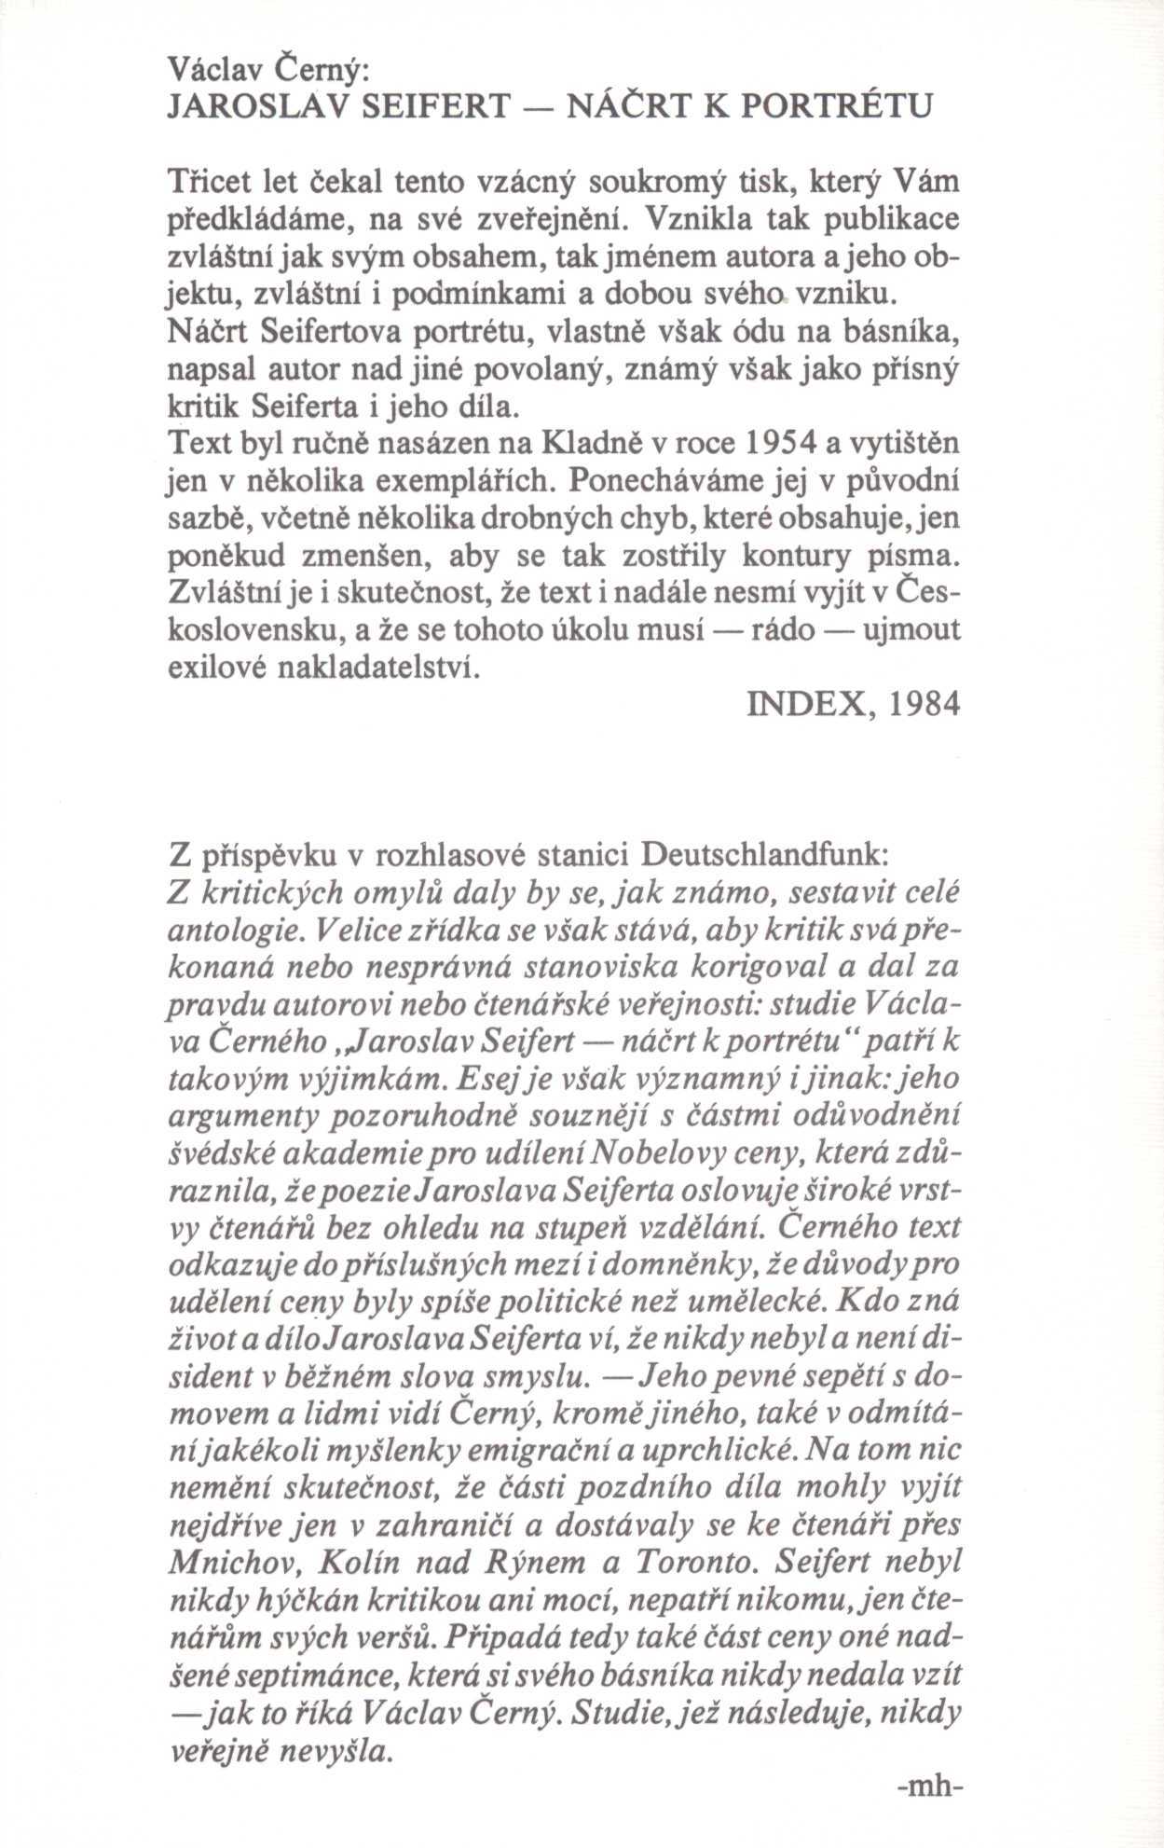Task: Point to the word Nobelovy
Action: pyautogui.click(x=652, y=1156)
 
